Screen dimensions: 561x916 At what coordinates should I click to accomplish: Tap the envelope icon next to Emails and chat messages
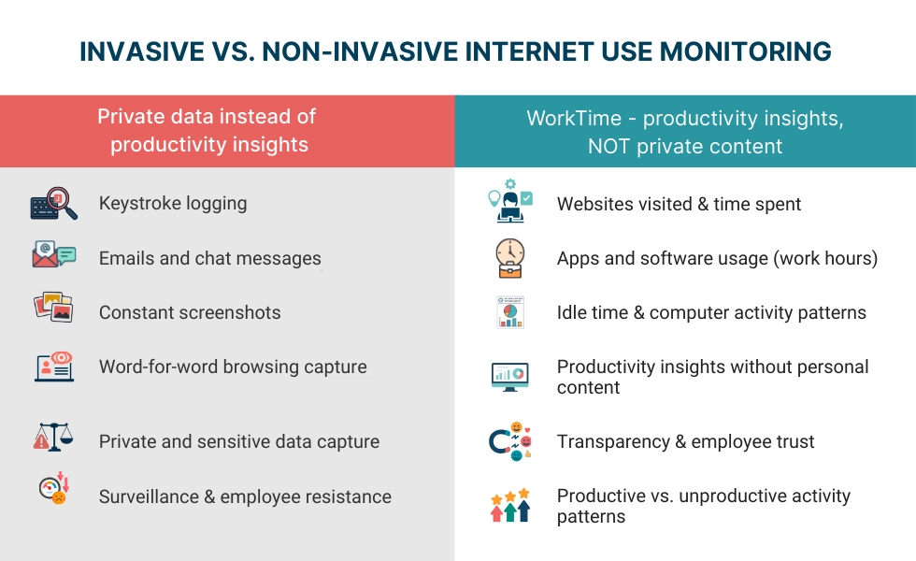[x=53, y=255]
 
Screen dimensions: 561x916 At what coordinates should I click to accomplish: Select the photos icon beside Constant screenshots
[x=53, y=309]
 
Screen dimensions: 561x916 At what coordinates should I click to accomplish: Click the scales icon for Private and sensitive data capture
[x=53, y=437]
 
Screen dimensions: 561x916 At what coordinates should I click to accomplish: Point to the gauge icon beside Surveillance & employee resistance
[x=53, y=490]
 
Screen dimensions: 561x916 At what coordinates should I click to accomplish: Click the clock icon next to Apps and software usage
[x=510, y=258]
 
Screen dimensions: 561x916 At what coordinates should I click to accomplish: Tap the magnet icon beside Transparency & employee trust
[x=510, y=441]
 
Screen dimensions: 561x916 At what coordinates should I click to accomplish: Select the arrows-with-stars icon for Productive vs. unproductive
[x=510, y=505]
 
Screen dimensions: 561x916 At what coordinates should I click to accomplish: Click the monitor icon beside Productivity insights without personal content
[x=510, y=376]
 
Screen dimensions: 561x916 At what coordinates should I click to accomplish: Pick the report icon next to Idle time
[x=510, y=312]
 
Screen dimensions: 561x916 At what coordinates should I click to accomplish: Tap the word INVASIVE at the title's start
[x=134, y=51]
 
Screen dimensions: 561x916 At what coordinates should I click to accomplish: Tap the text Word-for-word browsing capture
[x=233, y=367]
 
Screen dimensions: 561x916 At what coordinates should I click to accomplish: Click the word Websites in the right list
[x=594, y=204]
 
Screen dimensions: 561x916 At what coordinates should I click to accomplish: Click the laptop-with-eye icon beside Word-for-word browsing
[x=53, y=366]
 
